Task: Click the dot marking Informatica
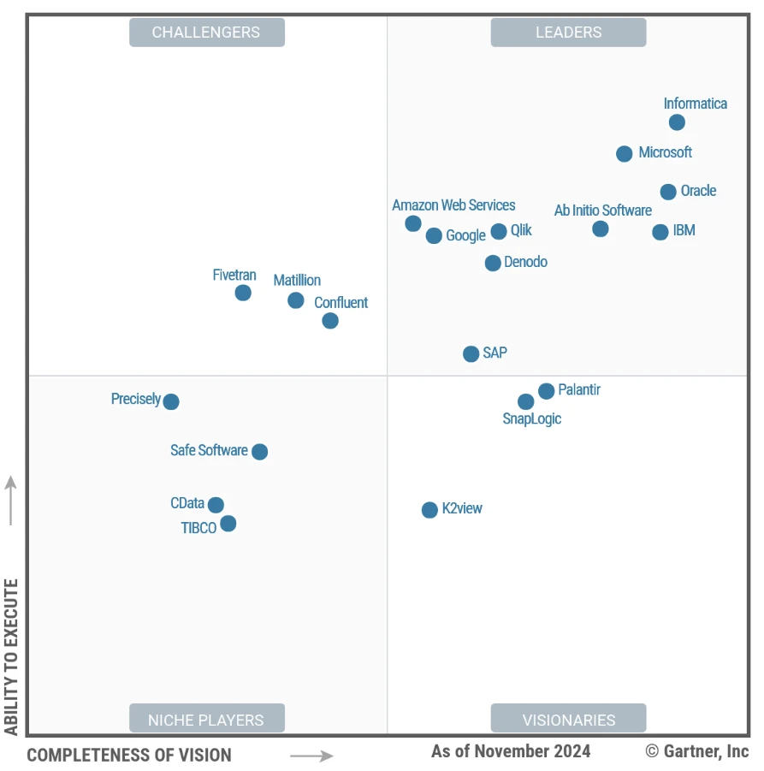(677, 122)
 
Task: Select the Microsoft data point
(625, 154)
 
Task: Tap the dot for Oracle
(668, 192)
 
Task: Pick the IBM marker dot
(660, 232)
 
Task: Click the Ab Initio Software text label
(602, 211)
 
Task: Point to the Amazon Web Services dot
(413, 223)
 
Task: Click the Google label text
(465, 235)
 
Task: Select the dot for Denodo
(493, 263)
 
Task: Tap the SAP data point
(471, 353)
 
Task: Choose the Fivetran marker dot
(243, 293)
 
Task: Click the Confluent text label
(341, 303)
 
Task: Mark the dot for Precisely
(171, 401)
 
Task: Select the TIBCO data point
(228, 524)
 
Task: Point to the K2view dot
(429, 510)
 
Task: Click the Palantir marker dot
(547, 391)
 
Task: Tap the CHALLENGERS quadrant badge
(206, 33)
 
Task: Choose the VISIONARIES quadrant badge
(568, 719)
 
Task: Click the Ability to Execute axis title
(11, 655)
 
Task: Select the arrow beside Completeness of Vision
(311, 756)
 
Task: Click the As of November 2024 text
(511, 751)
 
